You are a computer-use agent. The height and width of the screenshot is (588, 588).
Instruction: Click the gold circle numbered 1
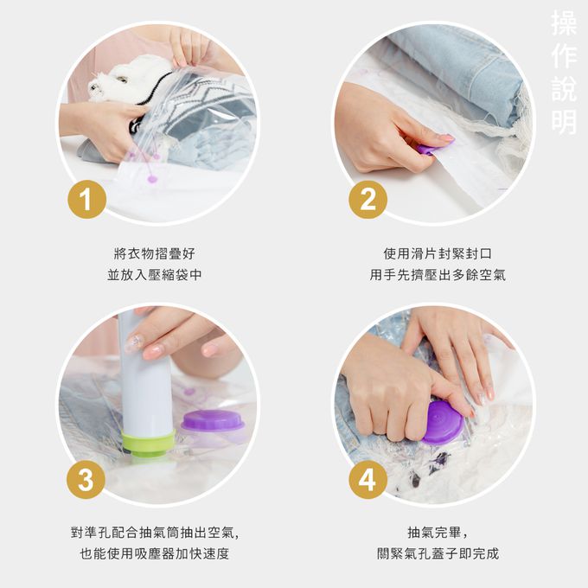[86, 201]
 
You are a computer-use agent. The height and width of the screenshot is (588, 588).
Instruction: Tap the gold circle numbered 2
[367, 201]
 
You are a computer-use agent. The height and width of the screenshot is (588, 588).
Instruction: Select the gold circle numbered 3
[86, 480]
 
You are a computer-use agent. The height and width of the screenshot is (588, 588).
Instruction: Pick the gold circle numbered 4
[367, 480]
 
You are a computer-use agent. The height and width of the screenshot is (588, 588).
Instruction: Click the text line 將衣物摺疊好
[155, 254]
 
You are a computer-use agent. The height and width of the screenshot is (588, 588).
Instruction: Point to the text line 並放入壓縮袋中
[155, 275]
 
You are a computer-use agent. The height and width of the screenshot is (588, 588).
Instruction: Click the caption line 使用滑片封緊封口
[438, 254]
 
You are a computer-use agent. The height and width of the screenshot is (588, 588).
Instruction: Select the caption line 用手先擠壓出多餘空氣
[438, 275]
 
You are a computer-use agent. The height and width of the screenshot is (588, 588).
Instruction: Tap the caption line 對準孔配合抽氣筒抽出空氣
[155, 533]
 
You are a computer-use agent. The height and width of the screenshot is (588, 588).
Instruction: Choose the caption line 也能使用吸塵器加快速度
[155, 553]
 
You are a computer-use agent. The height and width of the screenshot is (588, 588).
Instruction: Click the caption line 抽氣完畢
[438, 533]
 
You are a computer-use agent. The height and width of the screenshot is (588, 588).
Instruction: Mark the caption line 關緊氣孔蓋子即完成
[438, 553]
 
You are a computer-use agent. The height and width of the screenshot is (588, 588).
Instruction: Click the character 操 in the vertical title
[563, 25]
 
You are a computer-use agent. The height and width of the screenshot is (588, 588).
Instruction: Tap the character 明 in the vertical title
[563, 121]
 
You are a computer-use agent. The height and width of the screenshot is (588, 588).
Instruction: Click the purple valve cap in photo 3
[212, 421]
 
